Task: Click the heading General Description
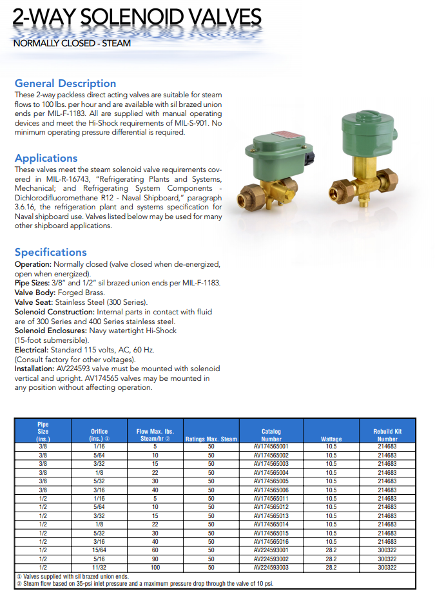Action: pyautogui.click(x=65, y=83)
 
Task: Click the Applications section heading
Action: pyautogui.click(x=46, y=158)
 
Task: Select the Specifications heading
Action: pyautogui.click(x=50, y=252)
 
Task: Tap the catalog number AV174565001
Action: pyautogui.click(x=271, y=447)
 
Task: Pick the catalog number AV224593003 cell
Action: pyautogui.click(x=271, y=568)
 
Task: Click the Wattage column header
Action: pyautogui.click(x=331, y=439)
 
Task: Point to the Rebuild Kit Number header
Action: pyautogui.click(x=387, y=436)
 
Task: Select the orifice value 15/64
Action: pyautogui.click(x=99, y=551)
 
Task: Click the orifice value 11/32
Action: pyautogui.click(x=99, y=568)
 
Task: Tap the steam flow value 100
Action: pyautogui.click(x=155, y=568)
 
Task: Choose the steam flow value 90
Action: pyautogui.click(x=155, y=559)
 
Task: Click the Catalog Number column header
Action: pyautogui.click(x=271, y=436)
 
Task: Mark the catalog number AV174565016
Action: pyautogui.click(x=271, y=542)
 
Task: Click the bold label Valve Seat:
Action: pyautogui.click(x=33, y=302)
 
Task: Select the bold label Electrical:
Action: pyautogui.click(x=32, y=350)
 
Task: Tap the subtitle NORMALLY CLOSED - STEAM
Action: pyautogui.click(x=72, y=44)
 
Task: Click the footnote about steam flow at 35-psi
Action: pyautogui.click(x=145, y=583)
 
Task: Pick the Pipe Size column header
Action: pyautogui.click(x=43, y=432)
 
